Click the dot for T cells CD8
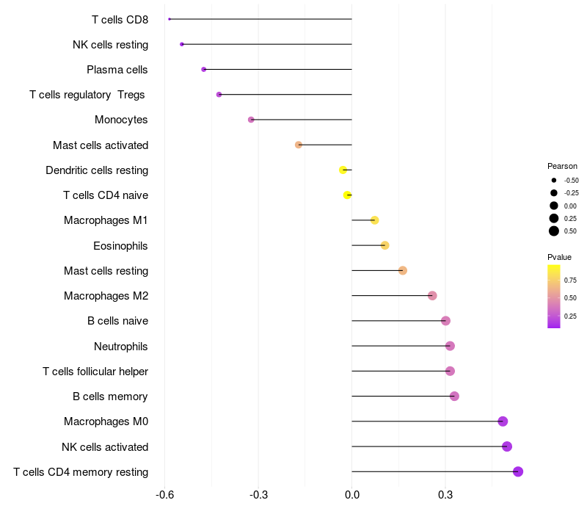point(169,19)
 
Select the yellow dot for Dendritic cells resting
point(343,170)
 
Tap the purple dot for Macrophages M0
point(503,421)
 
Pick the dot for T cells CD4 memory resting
point(518,471)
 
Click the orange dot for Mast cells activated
point(299,145)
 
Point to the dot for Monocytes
point(251,120)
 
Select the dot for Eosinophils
point(384,245)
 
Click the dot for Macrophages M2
point(432,296)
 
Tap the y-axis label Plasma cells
point(117,70)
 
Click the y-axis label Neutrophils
point(120,347)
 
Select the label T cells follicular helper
point(95,372)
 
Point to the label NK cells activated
point(105,447)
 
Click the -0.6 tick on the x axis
point(164,495)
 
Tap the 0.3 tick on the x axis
point(445,495)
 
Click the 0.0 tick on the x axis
point(352,495)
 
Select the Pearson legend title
point(562,166)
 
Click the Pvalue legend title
point(559,257)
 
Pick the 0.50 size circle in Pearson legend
point(554,231)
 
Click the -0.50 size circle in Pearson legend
point(554,180)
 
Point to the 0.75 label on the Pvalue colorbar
point(570,280)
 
